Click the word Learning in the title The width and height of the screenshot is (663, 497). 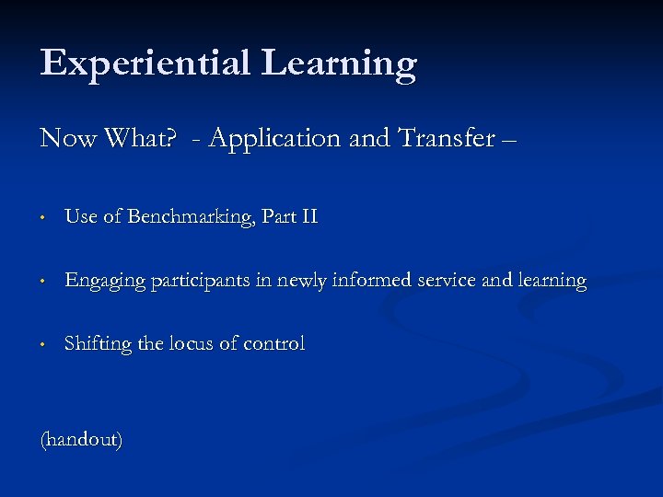coord(339,64)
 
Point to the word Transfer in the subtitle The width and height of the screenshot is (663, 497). coord(446,139)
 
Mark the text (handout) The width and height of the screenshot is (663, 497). coord(81,440)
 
